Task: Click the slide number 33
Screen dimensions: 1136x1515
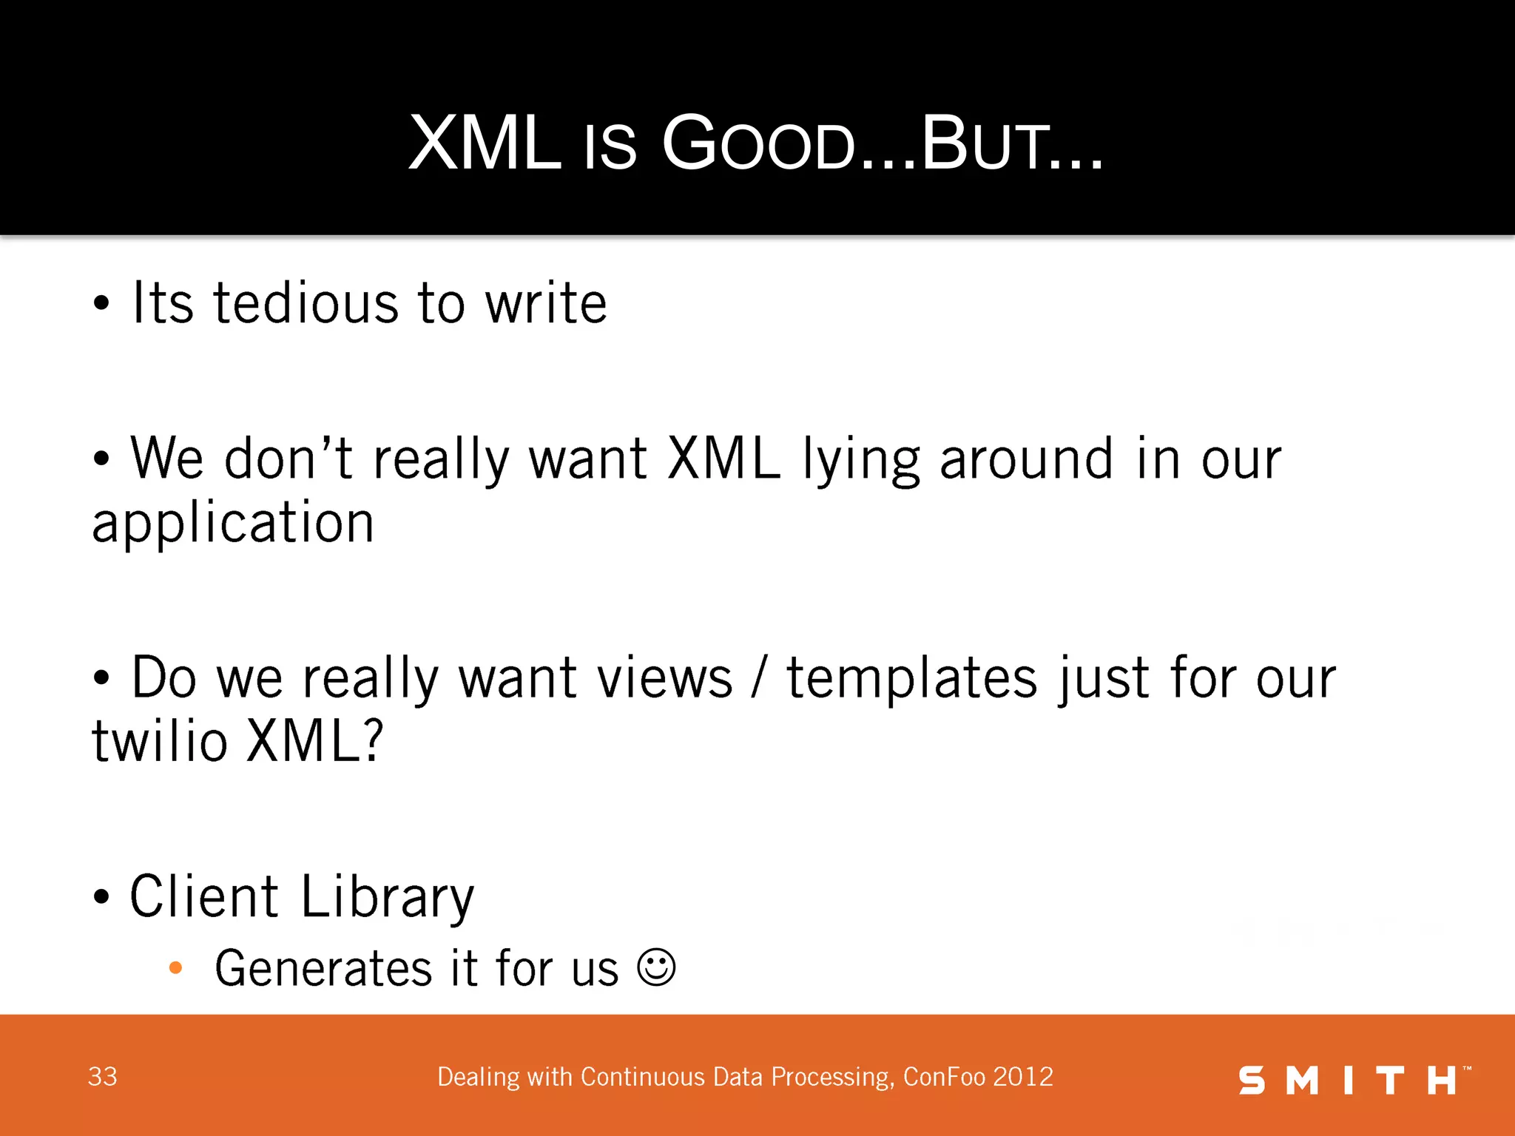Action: [102, 1077]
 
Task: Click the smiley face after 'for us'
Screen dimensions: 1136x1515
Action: [656, 967]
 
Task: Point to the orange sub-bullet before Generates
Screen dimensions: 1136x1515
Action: [175, 967]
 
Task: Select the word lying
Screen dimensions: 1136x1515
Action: [861, 460]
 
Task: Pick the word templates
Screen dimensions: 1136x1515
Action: [911, 678]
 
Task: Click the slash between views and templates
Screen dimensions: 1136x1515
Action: [757, 678]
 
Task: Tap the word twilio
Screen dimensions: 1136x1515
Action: [159, 742]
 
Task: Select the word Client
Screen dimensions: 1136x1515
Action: [204, 897]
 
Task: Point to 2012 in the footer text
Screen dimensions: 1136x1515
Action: [1023, 1077]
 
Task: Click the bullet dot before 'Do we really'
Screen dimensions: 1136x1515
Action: [101, 678]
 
